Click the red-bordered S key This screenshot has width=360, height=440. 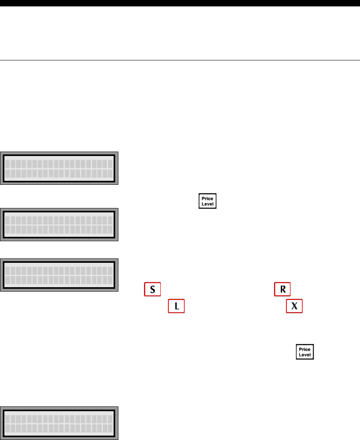152,290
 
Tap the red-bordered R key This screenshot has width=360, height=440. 282,290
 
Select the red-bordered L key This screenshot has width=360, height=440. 176,306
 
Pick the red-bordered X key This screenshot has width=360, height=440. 294,306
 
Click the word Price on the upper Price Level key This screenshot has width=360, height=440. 208,198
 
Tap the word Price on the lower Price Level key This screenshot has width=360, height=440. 305,349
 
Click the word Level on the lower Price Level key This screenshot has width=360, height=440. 305,354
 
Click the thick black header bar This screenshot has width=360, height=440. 180,3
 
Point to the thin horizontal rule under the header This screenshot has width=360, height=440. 180,60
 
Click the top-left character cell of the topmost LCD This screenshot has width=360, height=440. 8,164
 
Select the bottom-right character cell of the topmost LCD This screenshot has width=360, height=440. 110,173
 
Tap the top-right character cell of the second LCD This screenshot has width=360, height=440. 110,220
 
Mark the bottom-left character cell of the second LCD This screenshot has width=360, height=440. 8,230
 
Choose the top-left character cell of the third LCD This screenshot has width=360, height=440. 8,270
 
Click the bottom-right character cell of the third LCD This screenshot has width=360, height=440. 110,280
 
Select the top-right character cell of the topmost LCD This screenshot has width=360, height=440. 110,164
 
